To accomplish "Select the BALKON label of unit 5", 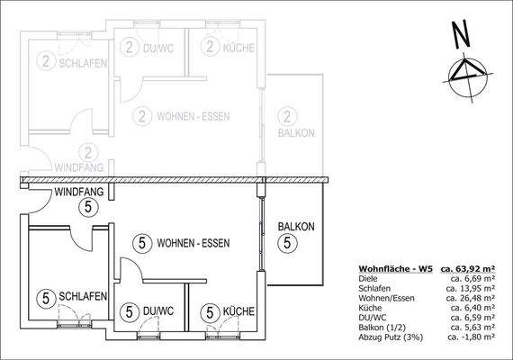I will coord(295,227).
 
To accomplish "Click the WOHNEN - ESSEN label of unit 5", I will coord(193,243).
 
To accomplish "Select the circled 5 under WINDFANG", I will coord(86,208).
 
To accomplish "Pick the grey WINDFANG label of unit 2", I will coord(78,166).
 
